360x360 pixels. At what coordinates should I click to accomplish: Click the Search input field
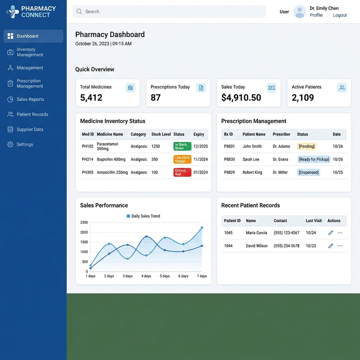pyautogui.click(x=169, y=12)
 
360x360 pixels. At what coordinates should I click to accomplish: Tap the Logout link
pyautogui.click(x=340, y=15)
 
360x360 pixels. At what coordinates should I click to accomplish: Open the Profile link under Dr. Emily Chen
pyautogui.click(x=316, y=15)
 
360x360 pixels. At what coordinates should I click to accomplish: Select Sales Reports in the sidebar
pyautogui.click(x=30, y=99)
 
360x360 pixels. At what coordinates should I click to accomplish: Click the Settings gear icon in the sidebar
pyautogui.click(x=10, y=144)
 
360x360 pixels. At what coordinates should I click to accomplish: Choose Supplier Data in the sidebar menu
pyautogui.click(x=30, y=129)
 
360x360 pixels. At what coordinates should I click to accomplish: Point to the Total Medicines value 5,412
pyautogui.click(x=91, y=98)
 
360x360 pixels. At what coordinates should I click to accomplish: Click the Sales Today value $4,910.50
pyautogui.click(x=241, y=98)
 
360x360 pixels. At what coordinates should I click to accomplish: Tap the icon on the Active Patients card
pyautogui.click(x=342, y=88)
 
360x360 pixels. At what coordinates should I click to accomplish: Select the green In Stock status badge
pyautogui.click(x=182, y=146)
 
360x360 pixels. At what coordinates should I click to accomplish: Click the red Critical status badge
pyautogui.click(x=182, y=172)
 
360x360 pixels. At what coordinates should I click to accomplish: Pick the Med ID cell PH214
pyautogui.click(x=88, y=159)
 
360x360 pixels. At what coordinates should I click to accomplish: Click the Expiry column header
pyautogui.click(x=199, y=134)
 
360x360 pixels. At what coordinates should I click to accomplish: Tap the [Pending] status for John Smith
pyautogui.click(x=307, y=146)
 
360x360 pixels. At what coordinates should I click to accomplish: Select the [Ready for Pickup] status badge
pyautogui.click(x=314, y=159)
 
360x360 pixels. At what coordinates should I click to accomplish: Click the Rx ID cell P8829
pyautogui.click(x=229, y=172)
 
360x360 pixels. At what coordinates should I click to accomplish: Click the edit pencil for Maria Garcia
pyautogui.click(x=330, y=233)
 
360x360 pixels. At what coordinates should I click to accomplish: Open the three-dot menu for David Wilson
pyautogui.click(x=340, y=246)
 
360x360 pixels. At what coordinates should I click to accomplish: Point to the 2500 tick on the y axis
pyautogui.click(x=84, y=223)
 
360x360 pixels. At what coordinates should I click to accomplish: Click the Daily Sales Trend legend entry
pyautogui.click(x=143, y=216)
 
